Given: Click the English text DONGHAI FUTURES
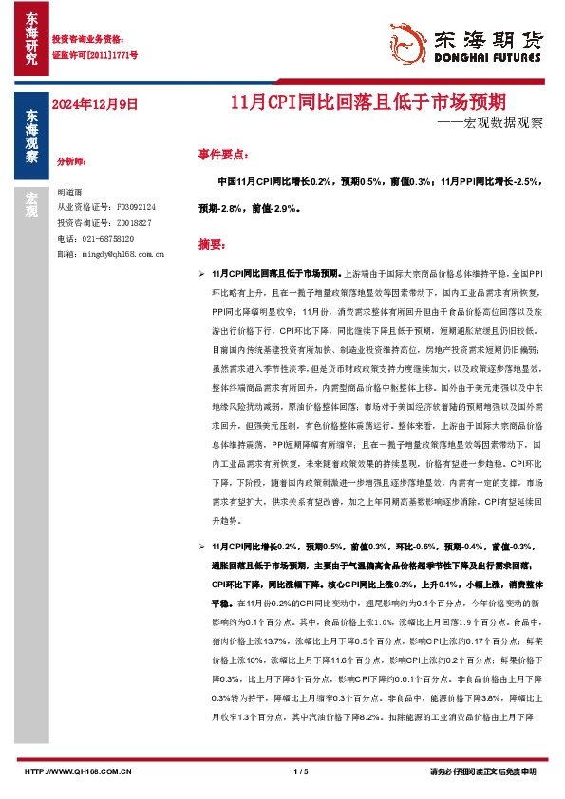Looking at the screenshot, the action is click(x=489, y=57).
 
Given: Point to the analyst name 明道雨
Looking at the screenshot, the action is click(x=70, y=192).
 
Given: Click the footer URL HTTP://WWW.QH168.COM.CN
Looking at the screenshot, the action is click(x=78, y=771).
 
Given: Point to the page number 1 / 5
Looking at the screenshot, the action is click(x=302, y=771).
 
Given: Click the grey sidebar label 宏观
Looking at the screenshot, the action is click(x=31, y=203).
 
